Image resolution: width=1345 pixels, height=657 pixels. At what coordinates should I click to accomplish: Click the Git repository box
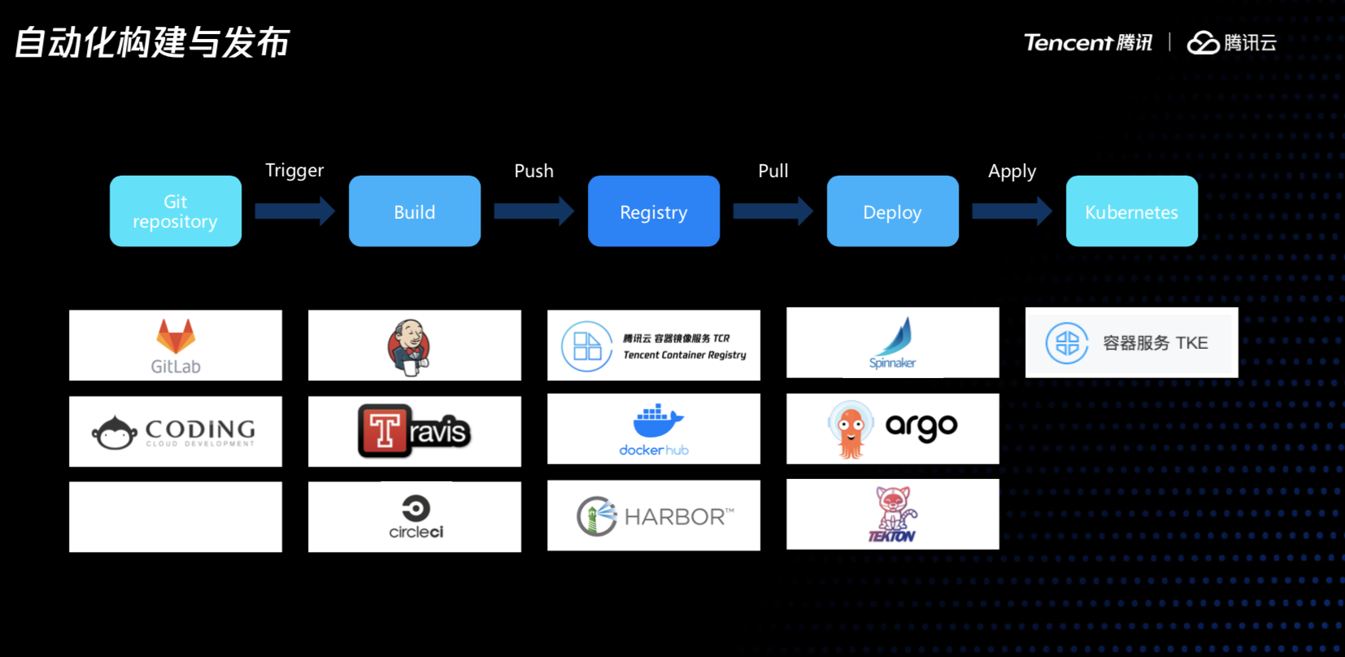176,211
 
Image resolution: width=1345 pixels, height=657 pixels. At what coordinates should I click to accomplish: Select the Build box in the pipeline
415,211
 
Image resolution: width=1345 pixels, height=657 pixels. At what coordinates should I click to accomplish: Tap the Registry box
654,211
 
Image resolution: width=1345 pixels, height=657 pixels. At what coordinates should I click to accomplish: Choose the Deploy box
893,211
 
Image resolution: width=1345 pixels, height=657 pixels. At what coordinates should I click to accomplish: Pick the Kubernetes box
1132,211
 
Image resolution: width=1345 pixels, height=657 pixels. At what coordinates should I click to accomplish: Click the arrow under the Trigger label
294,211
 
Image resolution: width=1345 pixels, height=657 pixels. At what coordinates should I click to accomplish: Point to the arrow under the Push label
533,211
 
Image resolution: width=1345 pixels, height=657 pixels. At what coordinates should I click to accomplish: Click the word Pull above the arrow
773,171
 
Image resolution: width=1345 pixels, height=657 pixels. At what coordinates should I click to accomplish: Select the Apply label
1012,172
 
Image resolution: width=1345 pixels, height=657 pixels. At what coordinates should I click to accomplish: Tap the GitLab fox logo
176,336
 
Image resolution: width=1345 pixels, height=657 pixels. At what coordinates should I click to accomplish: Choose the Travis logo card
415,431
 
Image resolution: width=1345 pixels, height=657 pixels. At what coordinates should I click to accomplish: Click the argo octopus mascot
851,429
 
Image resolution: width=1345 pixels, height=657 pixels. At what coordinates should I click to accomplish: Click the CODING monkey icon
114,433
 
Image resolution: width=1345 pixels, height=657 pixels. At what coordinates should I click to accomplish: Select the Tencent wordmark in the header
1068,42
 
